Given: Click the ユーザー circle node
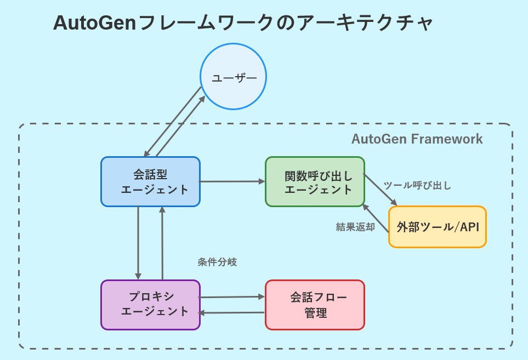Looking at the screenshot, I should [x=233, y=77].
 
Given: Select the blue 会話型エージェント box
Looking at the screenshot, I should [x=150, y=181].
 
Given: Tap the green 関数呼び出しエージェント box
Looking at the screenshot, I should [x=315, y=181].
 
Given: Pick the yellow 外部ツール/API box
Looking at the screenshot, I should [x=437, y=227].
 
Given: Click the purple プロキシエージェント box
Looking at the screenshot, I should [x=150, y=305].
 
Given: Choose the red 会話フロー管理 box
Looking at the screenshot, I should [x=315, y=305].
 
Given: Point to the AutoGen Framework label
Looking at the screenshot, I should [x=417, y=139].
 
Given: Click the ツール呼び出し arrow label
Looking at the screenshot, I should [x=417, y=185].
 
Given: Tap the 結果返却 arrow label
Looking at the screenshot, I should [x=355, y=227].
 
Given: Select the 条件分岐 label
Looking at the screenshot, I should [x=217, y=262].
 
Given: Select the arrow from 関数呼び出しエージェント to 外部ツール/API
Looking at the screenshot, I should [x=380, y=190].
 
